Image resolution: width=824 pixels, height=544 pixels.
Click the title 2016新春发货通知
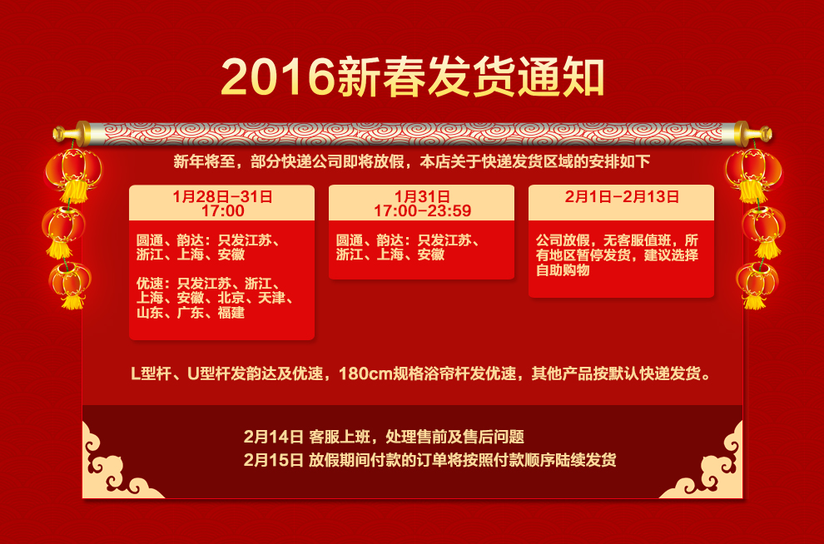pyautogui.click(x=412, y=77)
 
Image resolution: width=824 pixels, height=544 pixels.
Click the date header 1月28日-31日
pyautogui.click(x=222, y=197)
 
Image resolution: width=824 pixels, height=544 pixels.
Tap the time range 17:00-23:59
pyautogui.click(x=422, y=211)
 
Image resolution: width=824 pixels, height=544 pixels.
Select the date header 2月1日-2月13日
pyautogui.click(x=621, y=197)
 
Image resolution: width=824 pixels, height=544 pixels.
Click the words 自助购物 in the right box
pyautogui.click(x=563, y=270)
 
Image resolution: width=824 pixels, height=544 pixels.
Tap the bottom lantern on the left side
pyautogui.click(x=72, y=280)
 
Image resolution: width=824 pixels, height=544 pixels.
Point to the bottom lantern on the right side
pyautogui.click(x=757, y=280)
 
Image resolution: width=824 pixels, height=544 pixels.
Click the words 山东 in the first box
pyautogui.click(x=150, y=313)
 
